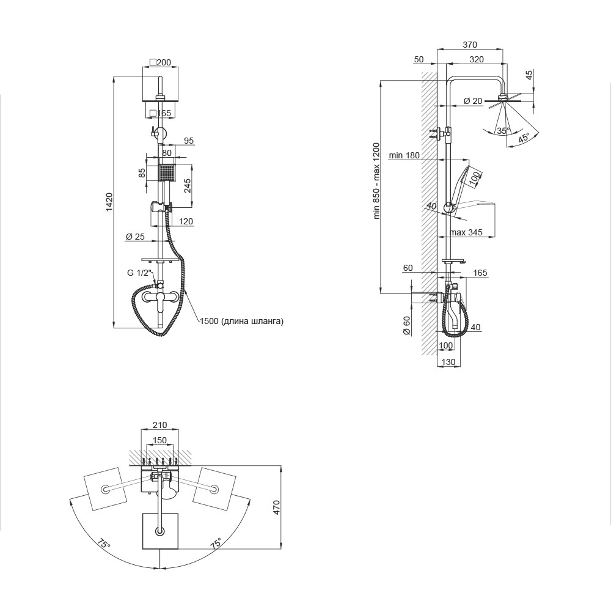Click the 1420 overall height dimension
point(109,202)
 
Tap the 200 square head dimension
point(160,62)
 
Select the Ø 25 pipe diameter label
point(135,237)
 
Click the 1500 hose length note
point(242,321)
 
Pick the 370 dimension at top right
point(470,45)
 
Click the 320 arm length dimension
point(477,59)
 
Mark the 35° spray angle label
point(503,131)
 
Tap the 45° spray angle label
point(524,138)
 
